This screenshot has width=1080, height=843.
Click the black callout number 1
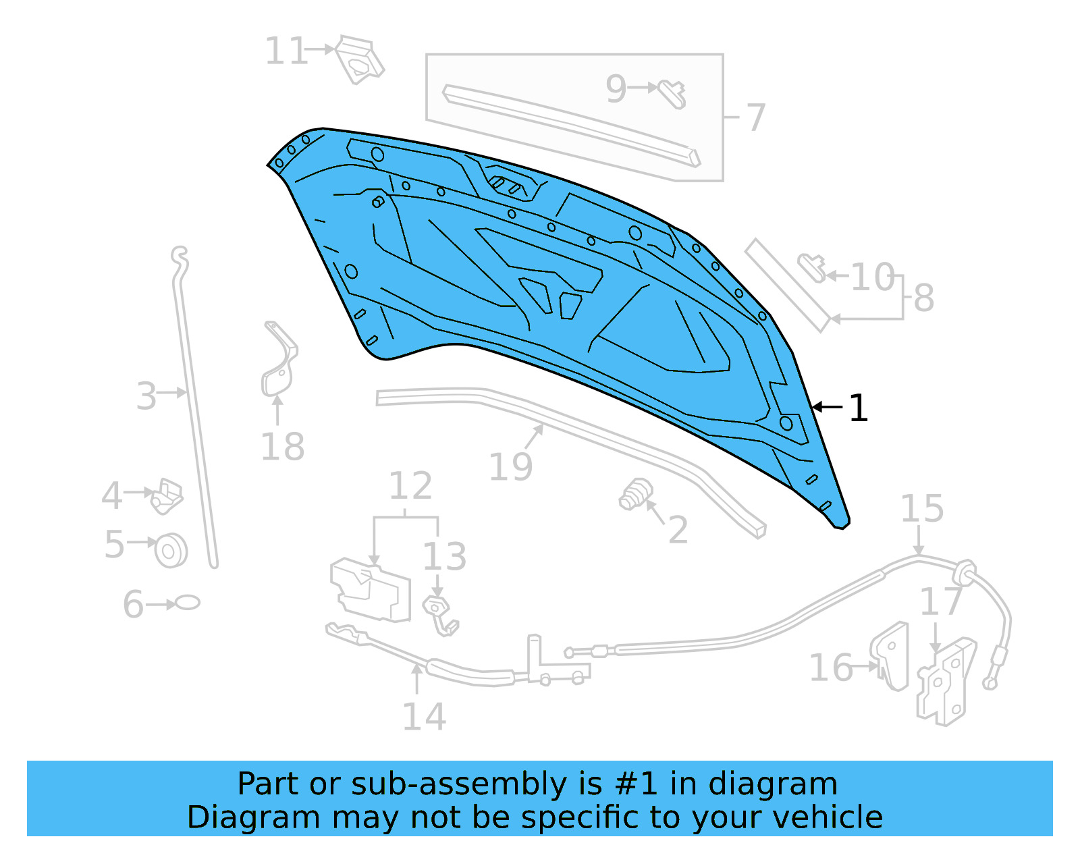tap(858, 408)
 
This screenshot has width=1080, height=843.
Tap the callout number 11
tap(286, 51)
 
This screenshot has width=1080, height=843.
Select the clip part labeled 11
tap(359, 61)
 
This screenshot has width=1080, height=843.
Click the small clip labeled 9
tap(673, 93)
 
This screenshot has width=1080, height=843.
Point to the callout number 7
tap(755, 117)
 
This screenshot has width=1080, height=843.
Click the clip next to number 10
tap(812, 267)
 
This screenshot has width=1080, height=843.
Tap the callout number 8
tap(923, 298)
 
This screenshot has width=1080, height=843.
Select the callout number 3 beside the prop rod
tap(146, 396)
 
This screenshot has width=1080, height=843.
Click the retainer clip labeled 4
tap(166, 496)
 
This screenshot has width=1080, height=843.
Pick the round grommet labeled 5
tap(171, 550)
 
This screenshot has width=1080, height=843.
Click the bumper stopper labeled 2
tap(635, 495)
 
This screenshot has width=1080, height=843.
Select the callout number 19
tap(510, 467)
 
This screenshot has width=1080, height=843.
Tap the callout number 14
tap(424, 717)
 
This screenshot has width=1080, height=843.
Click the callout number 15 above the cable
tap(922, 509)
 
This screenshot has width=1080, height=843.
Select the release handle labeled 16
tap(891, 656)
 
